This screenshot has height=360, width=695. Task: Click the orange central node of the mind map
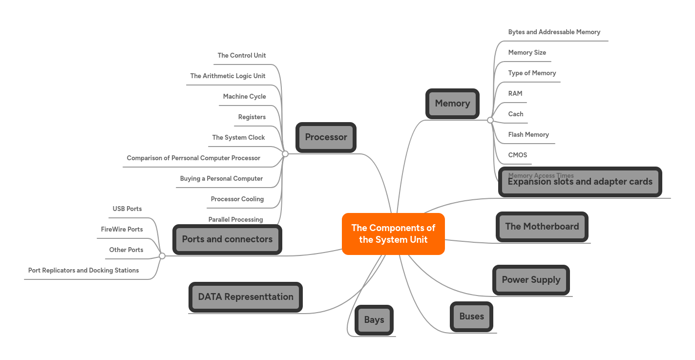coord(393,234)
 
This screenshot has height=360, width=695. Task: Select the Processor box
coord(326,137)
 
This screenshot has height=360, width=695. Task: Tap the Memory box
coord(452,104)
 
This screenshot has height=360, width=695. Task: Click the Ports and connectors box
coord(227,239)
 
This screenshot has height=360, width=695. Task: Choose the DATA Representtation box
coord(246,297)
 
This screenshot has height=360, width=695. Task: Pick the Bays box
coord(374,320)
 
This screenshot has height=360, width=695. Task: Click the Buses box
coord(471,317)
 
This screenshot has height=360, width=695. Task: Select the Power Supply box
coord(531,280)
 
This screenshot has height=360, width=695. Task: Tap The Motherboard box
coord(542,227)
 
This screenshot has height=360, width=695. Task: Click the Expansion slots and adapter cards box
coord(580,182)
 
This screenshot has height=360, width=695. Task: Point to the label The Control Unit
coord(242,56)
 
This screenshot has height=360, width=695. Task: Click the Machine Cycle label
coord(244,97)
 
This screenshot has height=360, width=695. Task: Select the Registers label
coord(252,117)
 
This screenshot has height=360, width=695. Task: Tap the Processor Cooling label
coord(237,199)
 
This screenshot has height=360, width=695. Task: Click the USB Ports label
coord(127,209)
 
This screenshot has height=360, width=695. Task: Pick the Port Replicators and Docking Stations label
coord(84,271)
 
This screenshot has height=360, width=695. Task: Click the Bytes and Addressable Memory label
coord(554,32)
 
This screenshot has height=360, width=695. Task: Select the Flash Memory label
coord(528,135)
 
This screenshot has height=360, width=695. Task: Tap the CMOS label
coord(518,155)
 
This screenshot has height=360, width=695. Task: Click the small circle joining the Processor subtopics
coord(285,154)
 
